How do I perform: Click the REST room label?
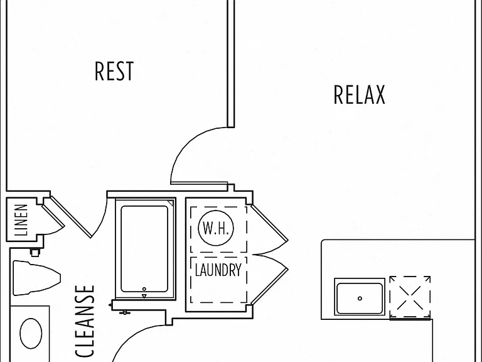click(x=114, y=71)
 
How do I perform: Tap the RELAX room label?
click(x=360, y=94)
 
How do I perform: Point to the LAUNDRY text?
click(x=218, y=270)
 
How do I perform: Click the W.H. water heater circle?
click(x=216, y=228)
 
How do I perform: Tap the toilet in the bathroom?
click(x=36, y=278)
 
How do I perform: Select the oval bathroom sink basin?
click(x=31, y=333)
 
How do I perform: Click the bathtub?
click(x=144, y=249)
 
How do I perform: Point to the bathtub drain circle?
click(x=144, y=289)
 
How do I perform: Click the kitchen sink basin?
click(x=360, y=297)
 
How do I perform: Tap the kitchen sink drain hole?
click(x=360, y=299)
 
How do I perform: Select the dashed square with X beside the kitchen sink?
click(x=410, y=297)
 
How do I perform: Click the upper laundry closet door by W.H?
click(x=270, y=222)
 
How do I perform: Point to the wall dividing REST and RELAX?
click(x=231, y=63)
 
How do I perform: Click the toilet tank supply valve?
click(x=35, y=253)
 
